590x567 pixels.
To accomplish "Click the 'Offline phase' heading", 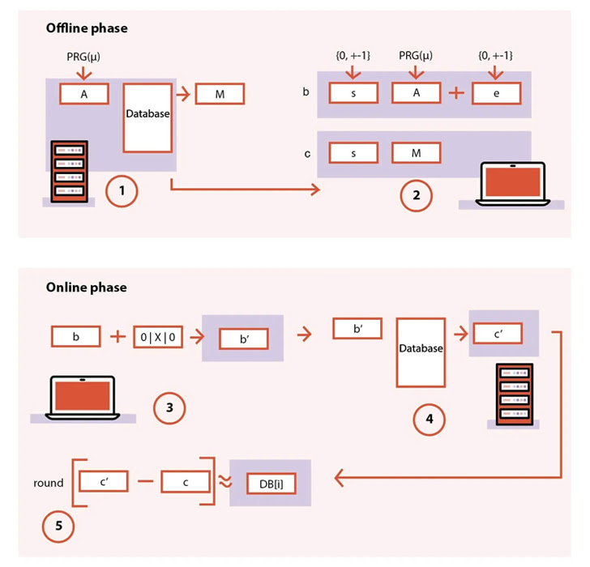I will click(86, 28).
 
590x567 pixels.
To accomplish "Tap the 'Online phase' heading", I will click(85, 288).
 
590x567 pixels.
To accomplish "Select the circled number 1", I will click(122, 192).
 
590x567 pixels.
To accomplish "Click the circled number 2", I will click(416, 194).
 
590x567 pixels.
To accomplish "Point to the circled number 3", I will click(169, 407).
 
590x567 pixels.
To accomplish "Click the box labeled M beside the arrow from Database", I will click(220, 93).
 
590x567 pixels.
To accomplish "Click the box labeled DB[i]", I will click(269, 483).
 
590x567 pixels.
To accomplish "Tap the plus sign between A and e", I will click(456, 93).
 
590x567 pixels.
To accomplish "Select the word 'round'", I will click(49, 483).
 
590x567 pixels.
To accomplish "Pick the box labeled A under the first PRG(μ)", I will click(84, 93).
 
